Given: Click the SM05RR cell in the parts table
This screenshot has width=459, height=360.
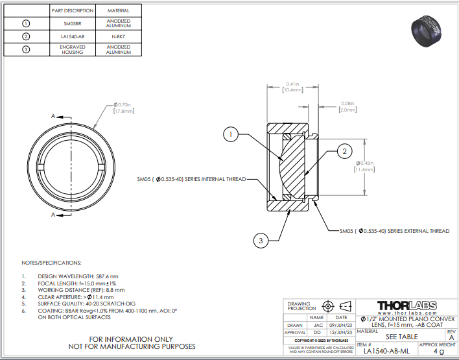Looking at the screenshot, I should tap(73, 23).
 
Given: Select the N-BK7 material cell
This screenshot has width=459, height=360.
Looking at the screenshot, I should tap(118, 36).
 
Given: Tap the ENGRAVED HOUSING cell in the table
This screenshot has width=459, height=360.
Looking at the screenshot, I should tap(73, 50).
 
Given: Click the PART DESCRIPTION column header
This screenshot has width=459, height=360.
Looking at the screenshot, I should tap(73, 11).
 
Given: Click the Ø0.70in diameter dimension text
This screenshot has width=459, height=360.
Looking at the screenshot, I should tap(123, 108).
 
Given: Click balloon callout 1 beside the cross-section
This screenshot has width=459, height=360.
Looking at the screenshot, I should tap(230, 134).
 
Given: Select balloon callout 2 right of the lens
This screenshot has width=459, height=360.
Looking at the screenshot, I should tap(345, 151).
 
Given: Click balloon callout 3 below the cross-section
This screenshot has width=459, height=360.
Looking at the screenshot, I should tap(261, 241).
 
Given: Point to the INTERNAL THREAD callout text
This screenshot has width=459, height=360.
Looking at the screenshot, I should tap(191, 179).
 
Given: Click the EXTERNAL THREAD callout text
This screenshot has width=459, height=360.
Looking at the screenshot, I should tap(394, 230).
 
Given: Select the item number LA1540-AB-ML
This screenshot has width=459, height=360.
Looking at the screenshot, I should tap(386, 351).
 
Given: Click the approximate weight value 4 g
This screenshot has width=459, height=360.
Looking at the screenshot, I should tap(438, 351).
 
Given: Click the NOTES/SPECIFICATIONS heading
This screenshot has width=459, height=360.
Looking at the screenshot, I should tap(52, 263).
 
